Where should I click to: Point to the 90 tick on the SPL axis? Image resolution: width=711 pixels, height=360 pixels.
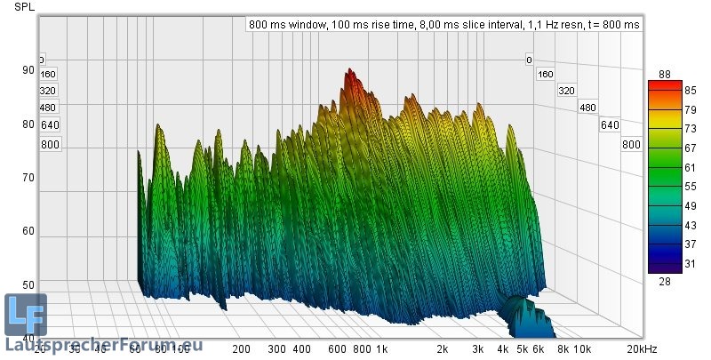tap(28, 70)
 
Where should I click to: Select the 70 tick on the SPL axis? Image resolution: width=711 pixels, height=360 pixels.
tap(28, 178)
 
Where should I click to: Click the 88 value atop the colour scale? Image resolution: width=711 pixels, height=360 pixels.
tap(664, 73)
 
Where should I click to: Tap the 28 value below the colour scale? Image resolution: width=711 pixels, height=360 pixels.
tap(664, 281)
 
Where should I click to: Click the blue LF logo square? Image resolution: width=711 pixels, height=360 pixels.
tap(25, 315)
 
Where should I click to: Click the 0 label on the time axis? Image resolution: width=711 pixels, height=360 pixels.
tap(529, 60)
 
